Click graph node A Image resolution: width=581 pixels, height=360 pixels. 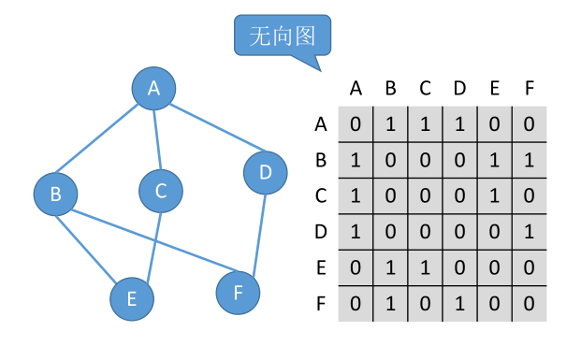tap(154, 89)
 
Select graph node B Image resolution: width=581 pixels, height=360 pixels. tap(56, 194)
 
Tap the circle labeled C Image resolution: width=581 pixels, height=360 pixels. tap(161, 191)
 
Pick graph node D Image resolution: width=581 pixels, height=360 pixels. tap(265, 173)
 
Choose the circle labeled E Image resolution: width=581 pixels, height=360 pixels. tap(132, 298)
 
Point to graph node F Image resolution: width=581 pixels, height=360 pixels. tap(239, 293)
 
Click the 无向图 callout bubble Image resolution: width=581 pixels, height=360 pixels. tap(282, 36)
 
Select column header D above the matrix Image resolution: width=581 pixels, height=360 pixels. tap(459, 89)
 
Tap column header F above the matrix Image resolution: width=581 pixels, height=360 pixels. tap(530, 89)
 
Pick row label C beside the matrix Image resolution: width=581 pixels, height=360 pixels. tap(321, 195)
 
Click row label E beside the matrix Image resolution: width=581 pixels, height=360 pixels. tap(321, 268)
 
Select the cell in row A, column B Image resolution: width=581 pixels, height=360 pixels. tap(390, 123)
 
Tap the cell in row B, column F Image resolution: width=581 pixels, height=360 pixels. tap(530, 159)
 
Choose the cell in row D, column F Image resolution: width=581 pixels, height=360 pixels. tap(530, 231)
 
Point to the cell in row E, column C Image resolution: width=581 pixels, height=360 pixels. tap(425, 268)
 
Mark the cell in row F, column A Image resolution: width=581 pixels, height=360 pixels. tap(356, 304)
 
